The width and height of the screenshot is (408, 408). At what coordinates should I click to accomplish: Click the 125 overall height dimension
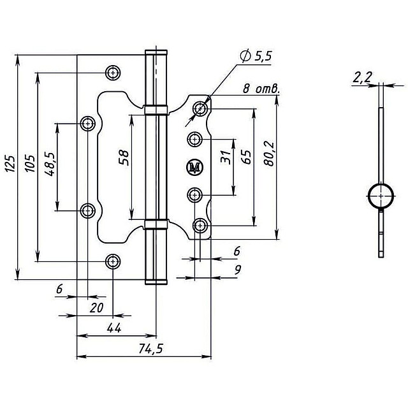(x=10, y=163)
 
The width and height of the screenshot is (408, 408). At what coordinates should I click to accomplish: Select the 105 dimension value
(x=30, y=163)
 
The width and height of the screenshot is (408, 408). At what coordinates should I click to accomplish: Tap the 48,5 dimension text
(x=50, y=164)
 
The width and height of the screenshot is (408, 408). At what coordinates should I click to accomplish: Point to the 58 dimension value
(x=124, y=157)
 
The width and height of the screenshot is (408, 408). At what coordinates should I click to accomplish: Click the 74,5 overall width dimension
(x=150, y=349)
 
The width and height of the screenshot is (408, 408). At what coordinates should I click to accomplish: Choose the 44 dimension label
(x=114, y=328)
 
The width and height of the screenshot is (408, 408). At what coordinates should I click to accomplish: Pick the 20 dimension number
(x=96, y=308)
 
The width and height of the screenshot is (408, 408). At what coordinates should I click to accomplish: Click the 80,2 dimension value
(x=269, y=154)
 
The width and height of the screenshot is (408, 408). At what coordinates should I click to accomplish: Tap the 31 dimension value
(x=226, y=157)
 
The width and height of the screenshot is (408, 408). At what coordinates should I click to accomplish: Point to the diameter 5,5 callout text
(x=256, y=56)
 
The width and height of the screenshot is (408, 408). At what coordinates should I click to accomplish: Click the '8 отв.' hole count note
(x=261, y=89)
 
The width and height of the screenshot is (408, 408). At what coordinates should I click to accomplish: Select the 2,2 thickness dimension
(x=362, y=77)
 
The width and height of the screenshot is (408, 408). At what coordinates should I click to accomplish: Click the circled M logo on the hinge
(x=194, y=167)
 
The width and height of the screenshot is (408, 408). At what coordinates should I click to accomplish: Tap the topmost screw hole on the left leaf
(x=113, y=73)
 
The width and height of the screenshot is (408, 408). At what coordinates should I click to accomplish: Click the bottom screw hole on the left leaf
(x=113, y=261)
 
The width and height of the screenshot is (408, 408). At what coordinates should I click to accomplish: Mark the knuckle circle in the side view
(x=381, y=196)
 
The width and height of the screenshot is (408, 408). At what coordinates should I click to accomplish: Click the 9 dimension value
(x=238, y=270)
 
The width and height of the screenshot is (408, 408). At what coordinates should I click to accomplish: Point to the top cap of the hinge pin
(x=156, y=52)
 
